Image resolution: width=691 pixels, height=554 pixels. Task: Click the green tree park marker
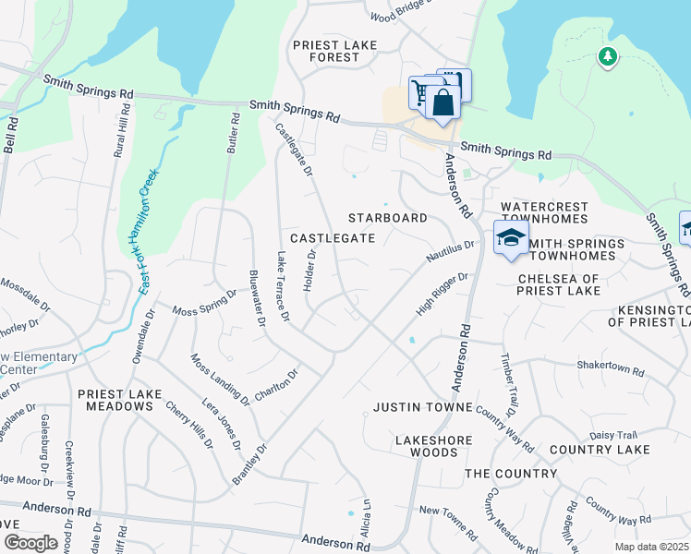point(607,58)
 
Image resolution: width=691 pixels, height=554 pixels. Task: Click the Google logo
point(30,542)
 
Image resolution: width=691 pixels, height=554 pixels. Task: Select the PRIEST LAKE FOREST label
point(326,51)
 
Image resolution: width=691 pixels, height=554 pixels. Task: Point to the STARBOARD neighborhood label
point(387,218)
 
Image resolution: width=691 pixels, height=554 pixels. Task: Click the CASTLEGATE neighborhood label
point(333,237)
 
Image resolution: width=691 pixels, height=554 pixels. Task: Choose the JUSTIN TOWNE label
point(423,407)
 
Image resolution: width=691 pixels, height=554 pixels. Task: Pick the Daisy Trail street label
point(614,435)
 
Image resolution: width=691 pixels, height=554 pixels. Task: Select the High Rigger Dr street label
point(442,294)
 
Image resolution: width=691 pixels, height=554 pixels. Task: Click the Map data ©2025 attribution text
point(652,547)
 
